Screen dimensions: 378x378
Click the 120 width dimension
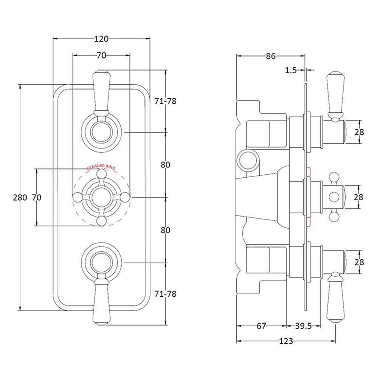click(101, 39)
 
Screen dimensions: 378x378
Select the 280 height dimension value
click(20, 198)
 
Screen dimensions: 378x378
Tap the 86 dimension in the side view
click(271, 56)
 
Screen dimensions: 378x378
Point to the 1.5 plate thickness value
click(290, 70)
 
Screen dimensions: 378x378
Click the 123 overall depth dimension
click(286, 341)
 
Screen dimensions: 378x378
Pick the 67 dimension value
click(261, 326)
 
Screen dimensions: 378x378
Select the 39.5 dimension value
click(304, 326)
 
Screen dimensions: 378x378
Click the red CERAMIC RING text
click(101, 167)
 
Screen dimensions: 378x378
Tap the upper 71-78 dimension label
click(166, 101)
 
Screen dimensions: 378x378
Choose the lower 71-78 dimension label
click(166, 294)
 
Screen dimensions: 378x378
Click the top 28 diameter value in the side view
click(359, 132)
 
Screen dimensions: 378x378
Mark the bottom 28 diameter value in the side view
click(359, 262)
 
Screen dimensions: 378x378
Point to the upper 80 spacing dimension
click(166, 165)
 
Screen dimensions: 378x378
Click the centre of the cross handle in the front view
click(101, 197)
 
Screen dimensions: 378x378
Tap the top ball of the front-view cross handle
click(101, 174)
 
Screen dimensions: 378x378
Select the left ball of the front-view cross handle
click(77, 197)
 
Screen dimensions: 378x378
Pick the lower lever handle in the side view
click(335, 299)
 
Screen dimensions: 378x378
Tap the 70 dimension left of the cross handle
click(36, 198)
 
